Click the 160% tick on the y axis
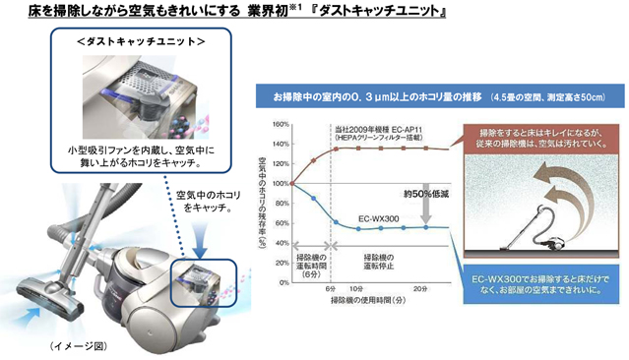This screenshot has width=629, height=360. (x=280, y=125)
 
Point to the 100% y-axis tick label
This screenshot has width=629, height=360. (x=280, y=183)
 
